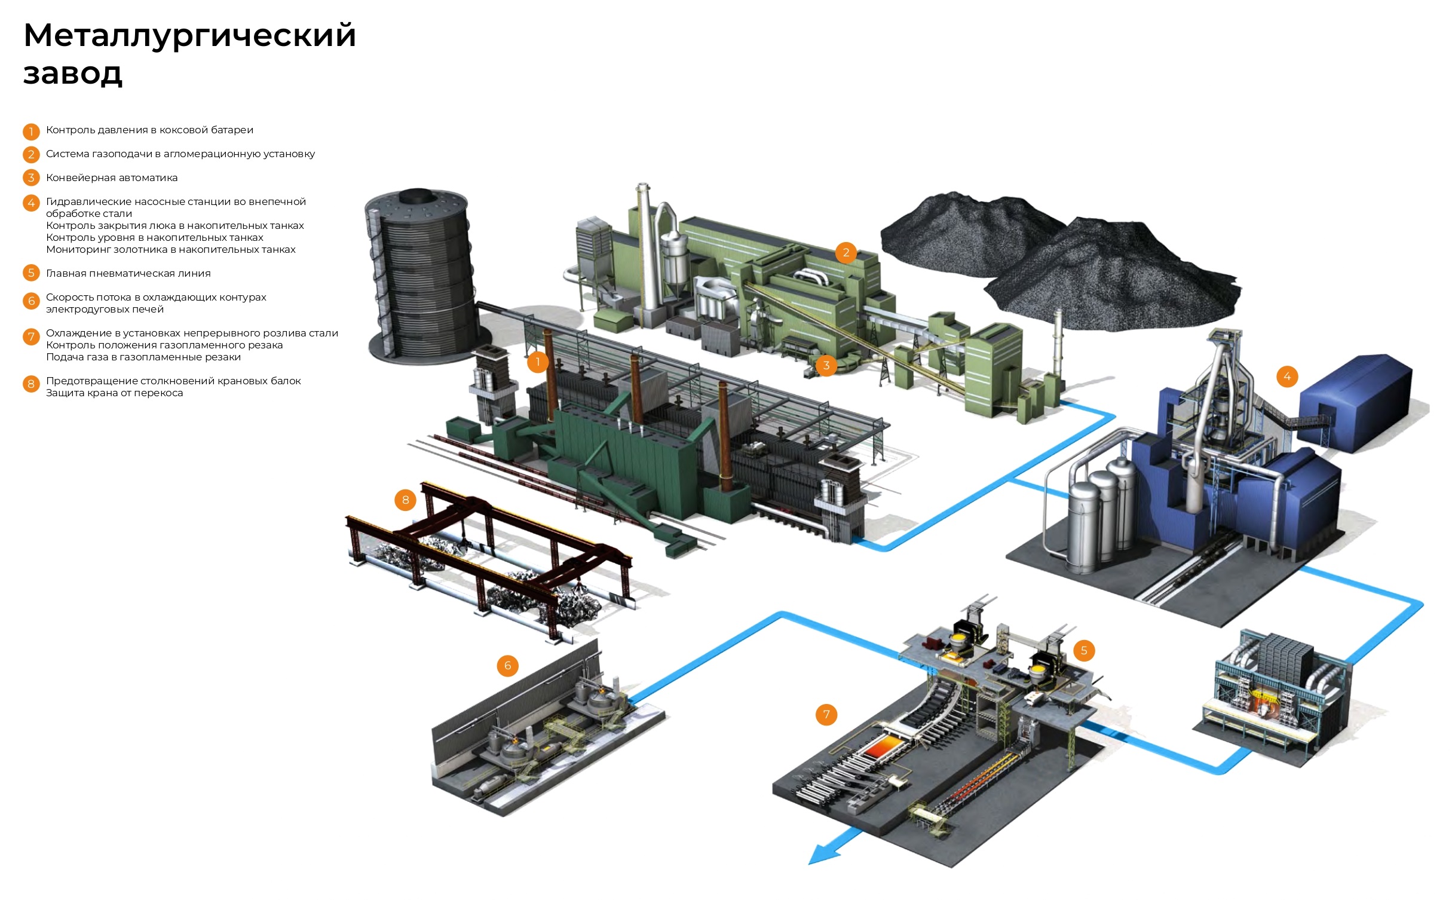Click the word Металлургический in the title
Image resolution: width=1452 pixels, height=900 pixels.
(x=189, y=35)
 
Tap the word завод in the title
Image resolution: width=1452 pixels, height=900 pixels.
(x=73, y=74)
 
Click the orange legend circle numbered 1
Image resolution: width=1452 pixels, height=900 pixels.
(x=31, y=131)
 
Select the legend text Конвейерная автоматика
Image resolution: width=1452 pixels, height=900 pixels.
(x=112, y=177)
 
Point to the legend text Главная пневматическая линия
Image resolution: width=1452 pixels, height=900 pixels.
(x=128, y=273)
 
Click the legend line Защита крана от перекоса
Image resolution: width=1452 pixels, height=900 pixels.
(x=114, y=393)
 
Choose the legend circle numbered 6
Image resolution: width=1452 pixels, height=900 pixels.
(x=31, y=301)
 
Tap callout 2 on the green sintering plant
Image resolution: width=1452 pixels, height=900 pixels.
(x=846, y=253)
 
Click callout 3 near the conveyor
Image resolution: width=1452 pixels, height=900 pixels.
(x=826, y=365)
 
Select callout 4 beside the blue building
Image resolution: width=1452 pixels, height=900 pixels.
(x=1287, y=376)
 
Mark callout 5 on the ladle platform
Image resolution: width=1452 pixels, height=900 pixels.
(x=1084, y=650)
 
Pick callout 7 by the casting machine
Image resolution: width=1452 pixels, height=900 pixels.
(x=826, y=714)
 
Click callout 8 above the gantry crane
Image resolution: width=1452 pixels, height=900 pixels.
(x=405, y=500)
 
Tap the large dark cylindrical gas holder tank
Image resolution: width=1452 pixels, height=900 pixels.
(x=418, y=275)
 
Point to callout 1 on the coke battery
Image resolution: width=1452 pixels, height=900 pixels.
(x=538, y=362)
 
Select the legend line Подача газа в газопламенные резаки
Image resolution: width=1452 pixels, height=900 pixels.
(x=143, y=357)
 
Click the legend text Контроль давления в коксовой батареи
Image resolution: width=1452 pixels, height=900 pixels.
(x=149, y=130)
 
